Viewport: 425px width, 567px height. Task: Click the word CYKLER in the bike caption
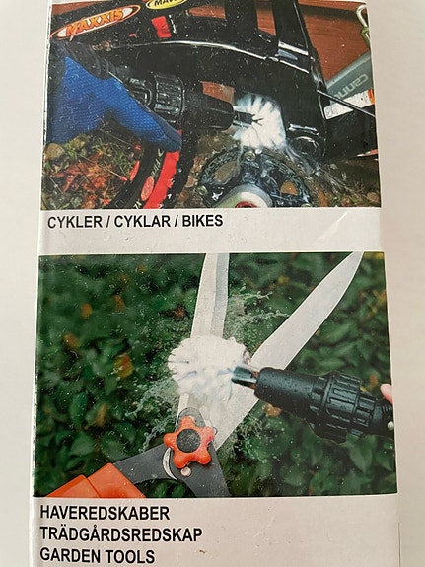pyautogui.click(x=74, y=222)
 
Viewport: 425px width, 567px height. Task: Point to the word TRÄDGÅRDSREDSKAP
pyautogui.click(x=121, y=534)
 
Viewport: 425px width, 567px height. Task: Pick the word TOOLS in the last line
pyautogui.click(x=133, y=555)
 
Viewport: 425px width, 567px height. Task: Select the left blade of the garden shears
pyautogui.click(x=210, y=296)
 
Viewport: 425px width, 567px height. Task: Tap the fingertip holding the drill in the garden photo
pyautogui.click(x=387, y=393)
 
